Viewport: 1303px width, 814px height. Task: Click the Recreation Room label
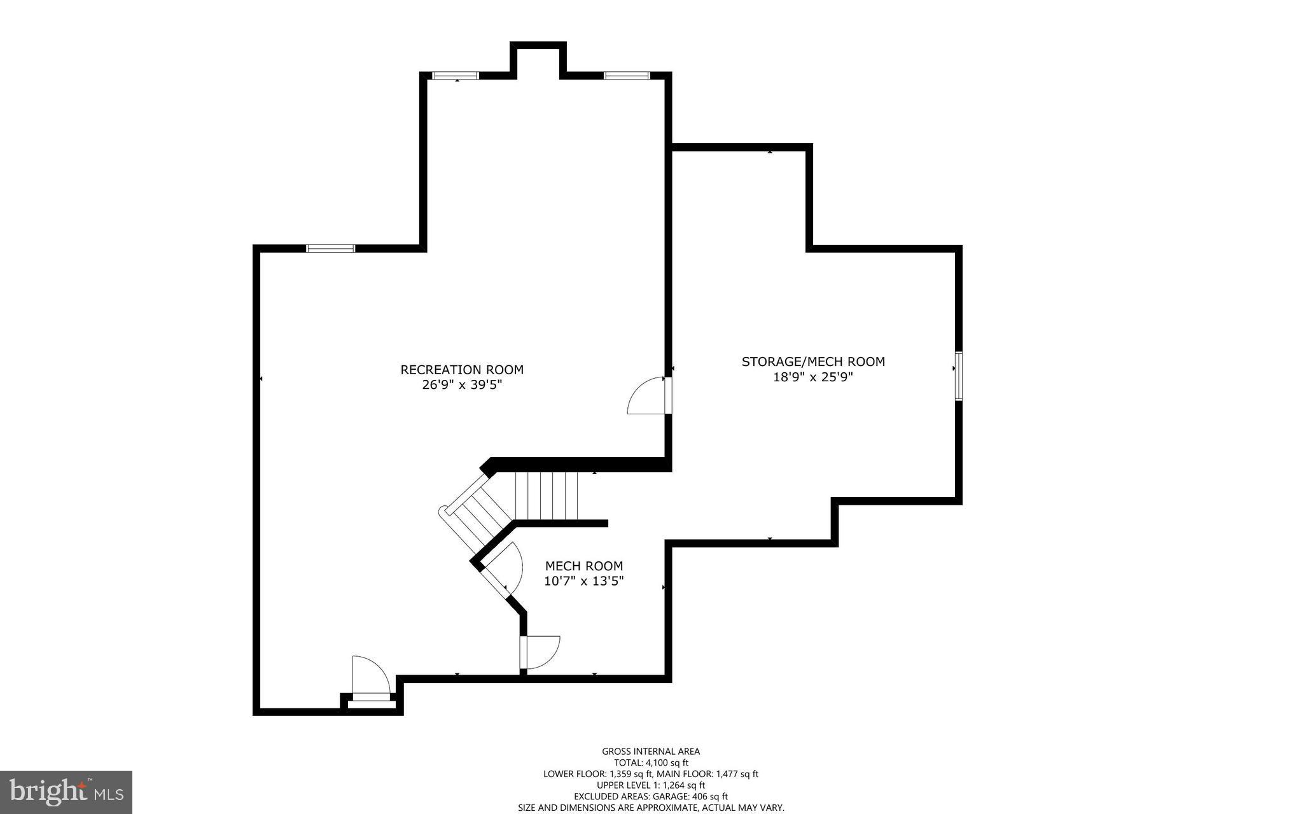point(462,370)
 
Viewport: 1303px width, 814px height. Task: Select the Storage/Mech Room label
point(813,361)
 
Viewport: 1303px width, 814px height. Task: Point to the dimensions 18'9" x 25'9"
point(813,377)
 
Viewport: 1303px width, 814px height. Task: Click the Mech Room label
point(584,566)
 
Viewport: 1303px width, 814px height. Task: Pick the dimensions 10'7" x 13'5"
point(584,581)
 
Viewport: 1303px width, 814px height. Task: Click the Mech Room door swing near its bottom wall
point(540,652)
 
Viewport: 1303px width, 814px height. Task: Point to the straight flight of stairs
point(546,496)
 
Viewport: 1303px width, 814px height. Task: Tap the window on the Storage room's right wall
point(958,375)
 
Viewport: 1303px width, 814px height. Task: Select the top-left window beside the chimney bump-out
point(456,75)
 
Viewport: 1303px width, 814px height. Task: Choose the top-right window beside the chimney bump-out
point(627,75)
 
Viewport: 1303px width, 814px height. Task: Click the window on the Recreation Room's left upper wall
point(331,248)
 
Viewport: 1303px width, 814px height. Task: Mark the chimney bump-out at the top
point(538,59)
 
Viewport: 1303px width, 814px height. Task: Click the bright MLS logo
point(66,792)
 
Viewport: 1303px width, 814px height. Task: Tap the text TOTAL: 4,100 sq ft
point(651,762)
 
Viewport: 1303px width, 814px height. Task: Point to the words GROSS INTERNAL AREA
point(651,751)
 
